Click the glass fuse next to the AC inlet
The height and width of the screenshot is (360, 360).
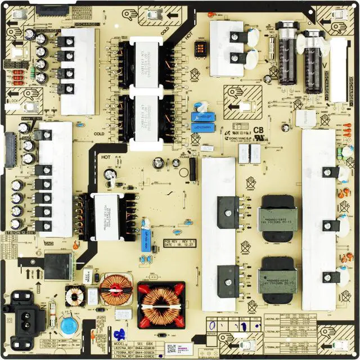point(52,312)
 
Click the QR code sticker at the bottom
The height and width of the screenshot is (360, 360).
point(171,349)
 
